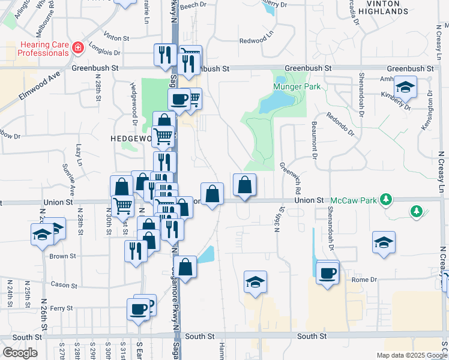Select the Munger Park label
point(297,86)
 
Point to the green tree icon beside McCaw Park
point(387,199)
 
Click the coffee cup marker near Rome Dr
point(327,273)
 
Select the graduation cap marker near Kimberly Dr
point(406,88)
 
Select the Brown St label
point(62,256)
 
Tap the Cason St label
point(62,284)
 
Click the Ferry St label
point(61,308)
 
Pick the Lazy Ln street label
point(79,154)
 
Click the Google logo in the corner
point(20,353)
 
